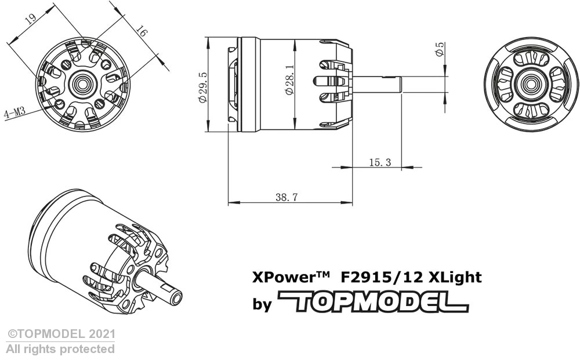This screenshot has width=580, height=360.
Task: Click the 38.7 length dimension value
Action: click(287, 197)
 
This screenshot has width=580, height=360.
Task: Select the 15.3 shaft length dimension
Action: click(379, 163)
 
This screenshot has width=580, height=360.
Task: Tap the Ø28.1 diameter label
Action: click(288, 85)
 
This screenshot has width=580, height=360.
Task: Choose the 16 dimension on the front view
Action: click(140, 31)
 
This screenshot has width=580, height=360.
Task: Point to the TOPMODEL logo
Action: click(373, 302)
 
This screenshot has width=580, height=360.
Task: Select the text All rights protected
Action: click(60, 349)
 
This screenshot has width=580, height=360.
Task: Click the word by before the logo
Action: click(262, 304)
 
